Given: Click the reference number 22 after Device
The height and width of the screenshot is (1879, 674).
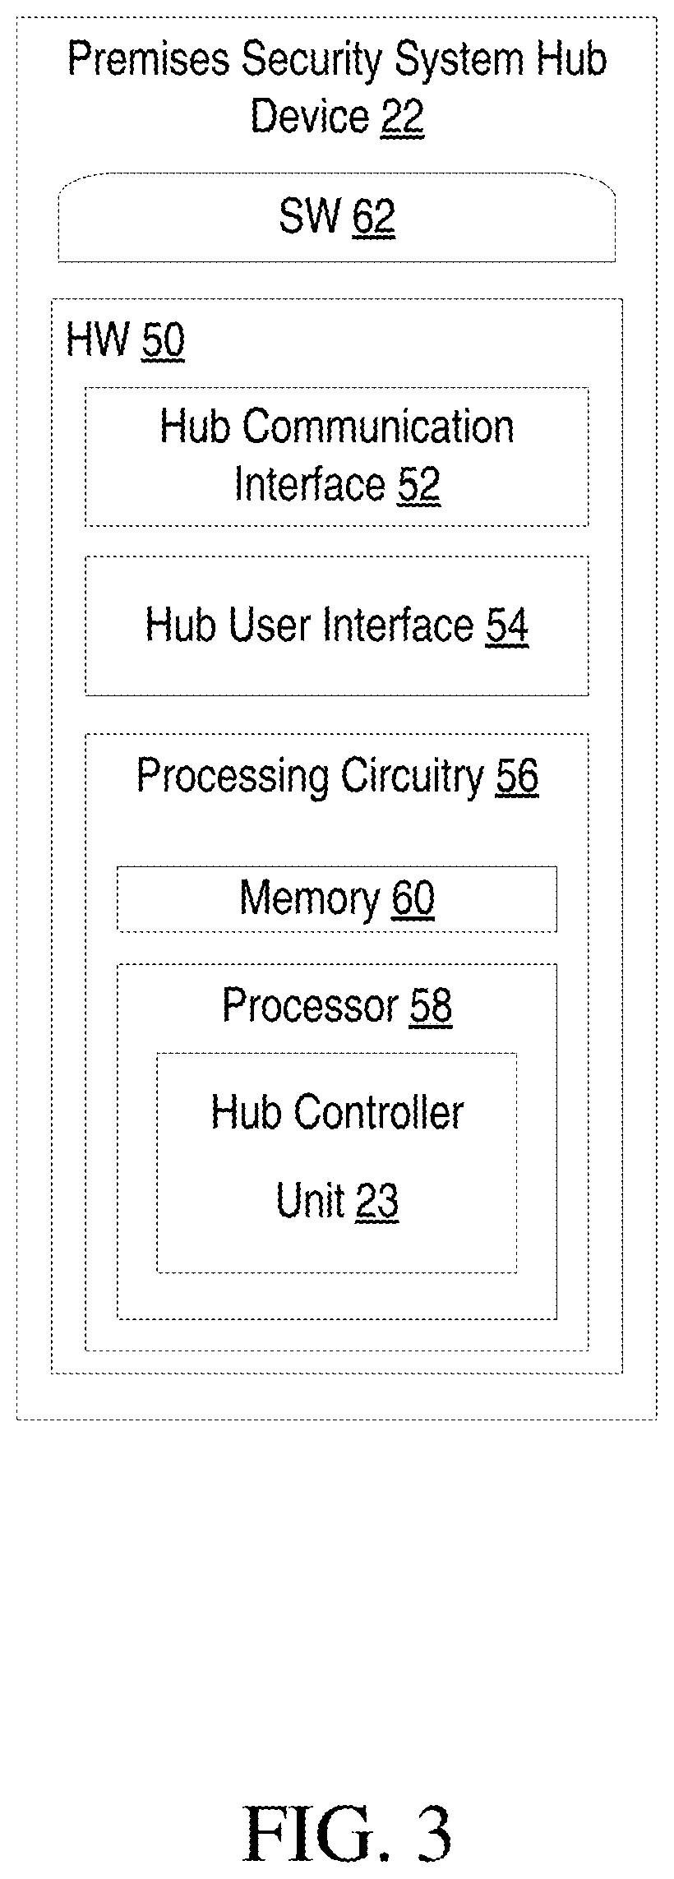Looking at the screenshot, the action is (x=402, y=117).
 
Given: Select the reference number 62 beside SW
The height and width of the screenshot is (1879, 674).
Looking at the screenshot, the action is (x=374, y=217).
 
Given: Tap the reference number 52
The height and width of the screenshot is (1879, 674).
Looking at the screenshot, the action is (x=419, y=484).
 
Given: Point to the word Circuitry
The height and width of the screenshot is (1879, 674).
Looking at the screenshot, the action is (x=413, y=776).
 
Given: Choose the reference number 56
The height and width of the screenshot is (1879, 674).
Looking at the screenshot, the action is (x=517, y=776).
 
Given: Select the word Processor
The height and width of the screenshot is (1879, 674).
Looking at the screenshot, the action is (x=310, y=1004).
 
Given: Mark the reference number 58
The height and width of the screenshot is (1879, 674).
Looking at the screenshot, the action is (x=431, y=1004).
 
